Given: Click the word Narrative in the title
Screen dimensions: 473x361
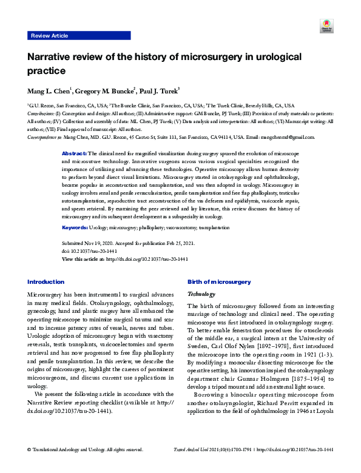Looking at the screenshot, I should (x=50, y=58).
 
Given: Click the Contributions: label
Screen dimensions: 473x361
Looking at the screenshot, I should (x=41, y=113).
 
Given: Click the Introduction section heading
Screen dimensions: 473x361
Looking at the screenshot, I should (x=46, y=282).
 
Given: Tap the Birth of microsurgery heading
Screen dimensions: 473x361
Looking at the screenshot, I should (x=219, y=282).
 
